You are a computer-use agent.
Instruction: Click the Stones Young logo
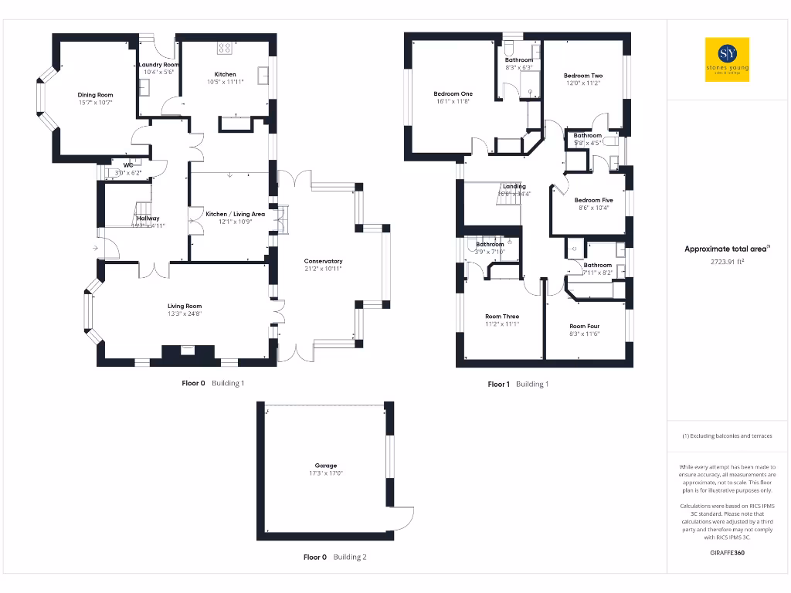click(x=727, y=59)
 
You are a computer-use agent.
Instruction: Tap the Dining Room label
click(x=95, y=95)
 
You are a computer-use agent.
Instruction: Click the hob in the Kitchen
click(x=225, y=48)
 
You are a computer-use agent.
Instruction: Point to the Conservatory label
click(x=323, y=261)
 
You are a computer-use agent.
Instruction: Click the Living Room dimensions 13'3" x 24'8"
click(x=185, y=314)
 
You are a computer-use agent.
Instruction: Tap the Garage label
click(x=325, y=466)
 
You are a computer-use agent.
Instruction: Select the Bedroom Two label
click(x=583, y=76)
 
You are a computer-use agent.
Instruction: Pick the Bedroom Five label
click(x=593, y=200)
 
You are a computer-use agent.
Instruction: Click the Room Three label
click(x=502, y=317)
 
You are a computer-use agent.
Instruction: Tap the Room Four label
click(x=584, y=327)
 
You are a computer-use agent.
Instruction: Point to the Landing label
click(x=514, y=186)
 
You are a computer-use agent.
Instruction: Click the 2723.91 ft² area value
click(x=727, y=262)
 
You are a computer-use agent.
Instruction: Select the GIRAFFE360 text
click(x=727, y=553)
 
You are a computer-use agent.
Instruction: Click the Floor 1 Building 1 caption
click(x=518, y=384)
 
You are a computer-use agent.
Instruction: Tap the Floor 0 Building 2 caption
click(x=334, y=557)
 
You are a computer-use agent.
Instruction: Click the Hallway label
click(x=148, y=219)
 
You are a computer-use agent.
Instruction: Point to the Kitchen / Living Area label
click(x=235, y=214)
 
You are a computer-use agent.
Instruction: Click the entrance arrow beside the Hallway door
click(x=95, y=249)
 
